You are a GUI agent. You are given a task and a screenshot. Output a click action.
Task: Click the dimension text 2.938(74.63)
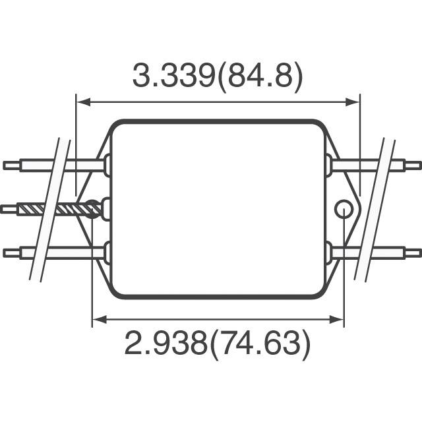218,344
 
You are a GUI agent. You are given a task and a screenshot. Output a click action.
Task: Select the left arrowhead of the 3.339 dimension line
83,102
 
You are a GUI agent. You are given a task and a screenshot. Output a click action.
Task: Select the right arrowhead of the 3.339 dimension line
353,102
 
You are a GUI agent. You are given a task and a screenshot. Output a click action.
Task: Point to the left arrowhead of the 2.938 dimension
99,319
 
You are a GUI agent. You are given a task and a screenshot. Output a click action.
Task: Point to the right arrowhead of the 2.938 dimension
337,319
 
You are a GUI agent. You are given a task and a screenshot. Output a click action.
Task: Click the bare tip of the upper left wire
11,166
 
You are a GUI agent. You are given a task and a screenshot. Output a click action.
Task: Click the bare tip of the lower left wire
11,253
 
